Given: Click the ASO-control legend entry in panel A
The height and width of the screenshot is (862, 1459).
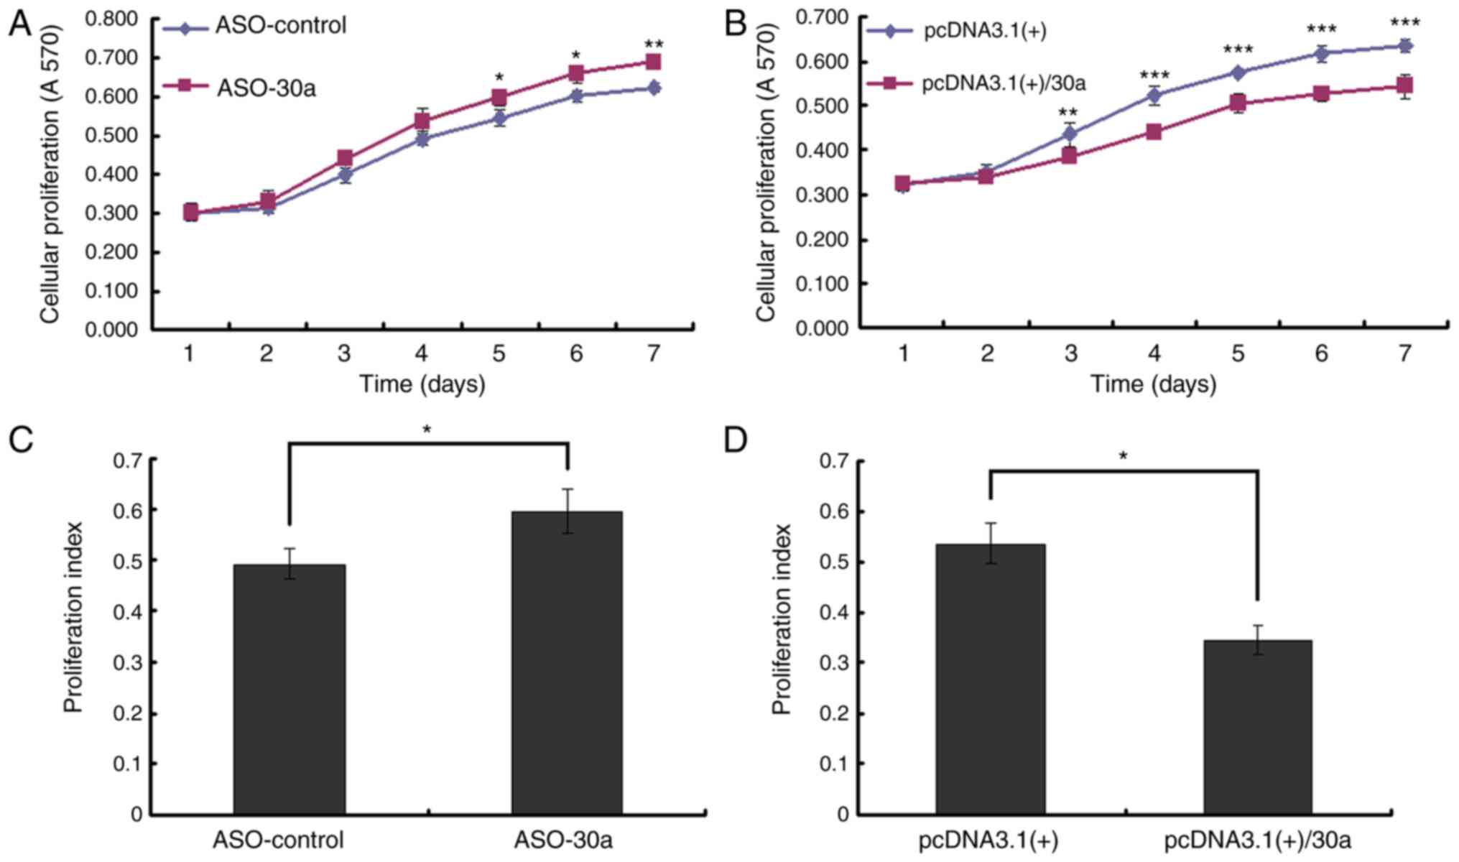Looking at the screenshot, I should [x=280, y=26].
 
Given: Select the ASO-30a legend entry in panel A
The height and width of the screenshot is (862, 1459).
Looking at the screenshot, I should [x=266, y=88].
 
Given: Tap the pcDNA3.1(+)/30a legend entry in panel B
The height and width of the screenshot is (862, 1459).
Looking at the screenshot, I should [x=1003, y=83].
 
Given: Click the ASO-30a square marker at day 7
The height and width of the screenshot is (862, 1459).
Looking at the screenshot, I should [x=653, y=62].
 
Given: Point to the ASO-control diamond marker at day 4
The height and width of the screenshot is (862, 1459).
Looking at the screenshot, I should [x=422, y=139].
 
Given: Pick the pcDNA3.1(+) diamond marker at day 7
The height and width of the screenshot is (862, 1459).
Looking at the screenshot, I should [x=1404, y=46].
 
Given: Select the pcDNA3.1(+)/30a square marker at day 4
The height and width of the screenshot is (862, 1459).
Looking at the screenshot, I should [x=1154, y=131].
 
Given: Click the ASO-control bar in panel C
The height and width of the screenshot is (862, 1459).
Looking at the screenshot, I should [x=289, y=689].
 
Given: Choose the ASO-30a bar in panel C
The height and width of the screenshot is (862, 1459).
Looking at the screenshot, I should [x=567, y=662].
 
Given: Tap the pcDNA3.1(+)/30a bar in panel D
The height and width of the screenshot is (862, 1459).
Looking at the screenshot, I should [x=1258, y=726].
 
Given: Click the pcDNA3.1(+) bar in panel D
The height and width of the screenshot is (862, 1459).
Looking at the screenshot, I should [x=990, y=679].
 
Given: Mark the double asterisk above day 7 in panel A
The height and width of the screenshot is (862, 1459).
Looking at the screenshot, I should [x=653, y=45].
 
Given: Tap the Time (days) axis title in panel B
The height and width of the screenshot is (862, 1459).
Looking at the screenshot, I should [x=1154, y=384].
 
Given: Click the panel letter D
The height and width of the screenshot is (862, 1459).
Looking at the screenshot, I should [x=736, y=440].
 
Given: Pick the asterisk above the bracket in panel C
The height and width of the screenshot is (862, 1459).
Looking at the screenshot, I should [x=427, y=430].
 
